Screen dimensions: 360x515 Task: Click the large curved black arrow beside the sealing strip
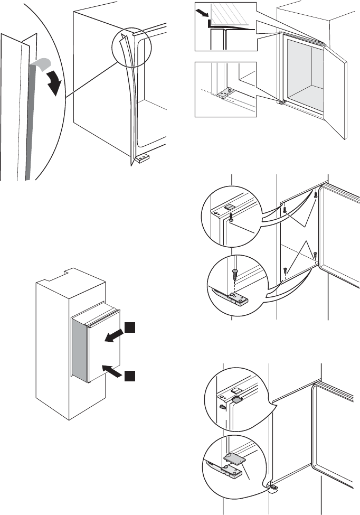point(52,82)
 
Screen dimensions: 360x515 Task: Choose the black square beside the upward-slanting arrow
point(130,376)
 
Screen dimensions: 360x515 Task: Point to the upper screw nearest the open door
point(316,195)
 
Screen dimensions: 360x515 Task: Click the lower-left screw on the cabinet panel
point(285,270)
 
